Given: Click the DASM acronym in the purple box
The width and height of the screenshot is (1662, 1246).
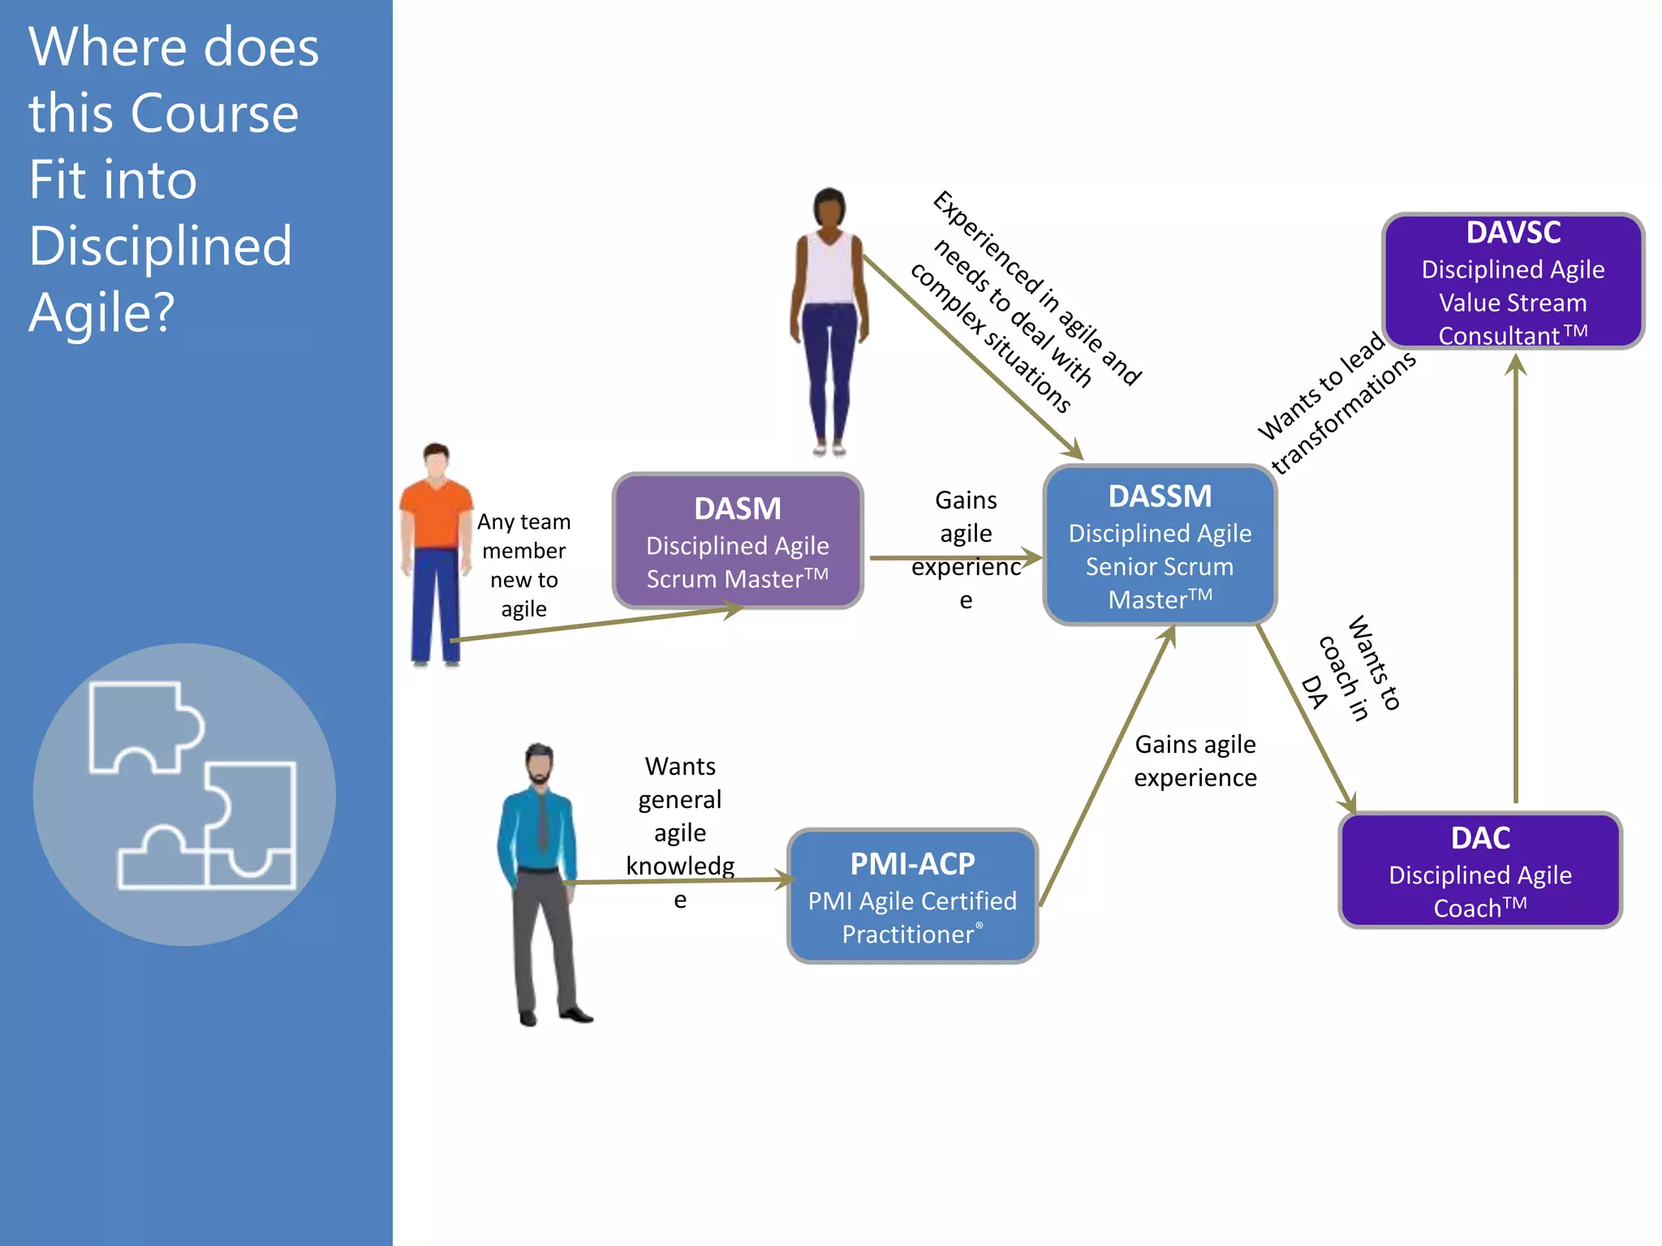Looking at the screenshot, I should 737,509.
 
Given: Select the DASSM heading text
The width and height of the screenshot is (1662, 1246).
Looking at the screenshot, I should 1160,496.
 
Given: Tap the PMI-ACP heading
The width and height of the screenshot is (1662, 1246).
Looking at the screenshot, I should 912,864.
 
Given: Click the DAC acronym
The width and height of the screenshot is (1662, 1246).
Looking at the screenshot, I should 1480,838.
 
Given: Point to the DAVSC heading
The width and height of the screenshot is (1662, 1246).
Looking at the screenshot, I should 1513,233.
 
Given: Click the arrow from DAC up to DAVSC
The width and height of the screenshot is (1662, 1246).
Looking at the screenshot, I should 1515,584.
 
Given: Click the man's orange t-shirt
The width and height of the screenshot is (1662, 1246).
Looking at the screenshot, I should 437,515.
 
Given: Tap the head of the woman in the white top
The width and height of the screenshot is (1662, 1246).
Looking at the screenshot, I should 829,208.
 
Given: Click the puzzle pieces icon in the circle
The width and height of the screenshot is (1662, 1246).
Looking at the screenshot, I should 192,785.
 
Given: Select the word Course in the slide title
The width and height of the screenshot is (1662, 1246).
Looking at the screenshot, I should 214,114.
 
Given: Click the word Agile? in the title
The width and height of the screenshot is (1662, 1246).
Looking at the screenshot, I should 101,313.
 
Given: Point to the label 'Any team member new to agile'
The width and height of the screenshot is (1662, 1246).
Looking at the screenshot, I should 523,565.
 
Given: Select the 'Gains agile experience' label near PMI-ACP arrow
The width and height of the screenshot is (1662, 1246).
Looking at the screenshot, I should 1195,761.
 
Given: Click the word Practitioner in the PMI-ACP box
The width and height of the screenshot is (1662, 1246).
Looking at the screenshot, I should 907,934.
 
